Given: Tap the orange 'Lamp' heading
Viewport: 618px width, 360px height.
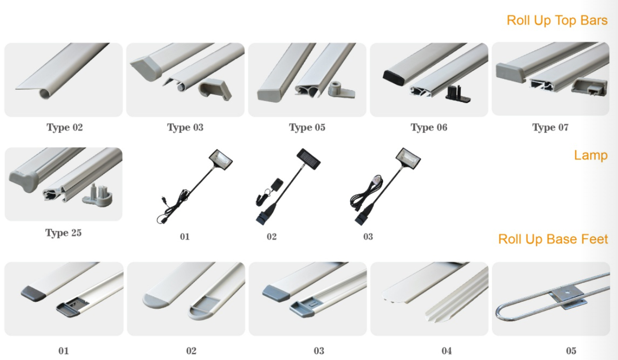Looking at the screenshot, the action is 591,155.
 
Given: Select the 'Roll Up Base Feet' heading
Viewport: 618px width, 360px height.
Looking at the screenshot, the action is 553,239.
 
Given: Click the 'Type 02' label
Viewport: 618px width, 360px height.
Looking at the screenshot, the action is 65,127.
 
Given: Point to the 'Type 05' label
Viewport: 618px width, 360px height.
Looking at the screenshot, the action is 307,127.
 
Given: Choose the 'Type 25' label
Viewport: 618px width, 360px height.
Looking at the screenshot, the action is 63,233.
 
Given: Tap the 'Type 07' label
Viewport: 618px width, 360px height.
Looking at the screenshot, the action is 550,127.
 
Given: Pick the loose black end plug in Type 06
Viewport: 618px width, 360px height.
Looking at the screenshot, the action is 457,94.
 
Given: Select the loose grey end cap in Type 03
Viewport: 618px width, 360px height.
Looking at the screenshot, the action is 215,89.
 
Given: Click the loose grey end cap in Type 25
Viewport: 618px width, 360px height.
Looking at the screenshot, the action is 98,194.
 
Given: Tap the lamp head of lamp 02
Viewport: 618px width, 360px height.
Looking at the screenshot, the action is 309,157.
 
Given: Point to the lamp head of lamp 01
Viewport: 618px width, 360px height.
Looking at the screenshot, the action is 221,159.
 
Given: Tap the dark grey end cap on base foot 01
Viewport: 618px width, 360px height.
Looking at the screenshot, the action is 33,293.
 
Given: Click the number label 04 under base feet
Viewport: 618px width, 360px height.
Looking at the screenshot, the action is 447,351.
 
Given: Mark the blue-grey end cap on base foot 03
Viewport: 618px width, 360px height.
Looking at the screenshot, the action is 276,293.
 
